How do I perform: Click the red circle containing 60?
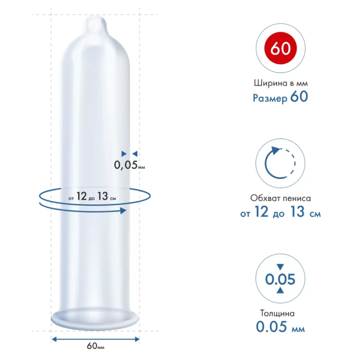pos(281,49)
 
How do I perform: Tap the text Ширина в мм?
pos(280,83)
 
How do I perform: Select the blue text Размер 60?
pos(280,97)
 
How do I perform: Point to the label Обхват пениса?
pos(280,198)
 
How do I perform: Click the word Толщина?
pos(280,313)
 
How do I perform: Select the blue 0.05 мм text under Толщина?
pos(280,327)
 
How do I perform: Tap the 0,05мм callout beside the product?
pos(129,165)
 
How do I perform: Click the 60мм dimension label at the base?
pos(96,346)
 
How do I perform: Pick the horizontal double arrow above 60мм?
pos(96,338)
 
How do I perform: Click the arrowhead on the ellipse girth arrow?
pos(124,210)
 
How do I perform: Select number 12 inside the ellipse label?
pos(81,196)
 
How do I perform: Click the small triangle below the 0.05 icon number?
pos(280,291)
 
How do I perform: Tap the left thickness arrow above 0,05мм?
pos(123,153)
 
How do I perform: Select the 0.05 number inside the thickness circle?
pos(280,279)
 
